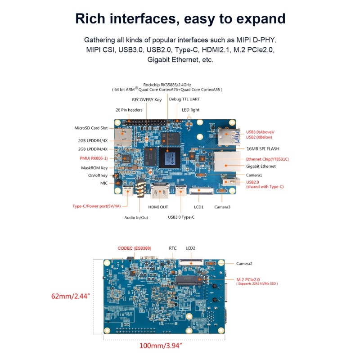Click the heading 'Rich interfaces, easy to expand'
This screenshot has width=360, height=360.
tap(180, 19)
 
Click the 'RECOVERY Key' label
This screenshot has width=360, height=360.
tap(146, 99)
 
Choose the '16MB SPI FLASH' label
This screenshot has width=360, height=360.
tap(263, 148)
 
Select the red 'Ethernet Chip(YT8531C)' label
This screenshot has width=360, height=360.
tap(267, 159)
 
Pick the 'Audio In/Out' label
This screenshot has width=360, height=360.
tap(136, 217)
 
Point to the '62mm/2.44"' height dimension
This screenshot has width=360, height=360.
tap(71, 297)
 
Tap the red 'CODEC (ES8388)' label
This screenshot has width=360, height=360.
tap(135, 248)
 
